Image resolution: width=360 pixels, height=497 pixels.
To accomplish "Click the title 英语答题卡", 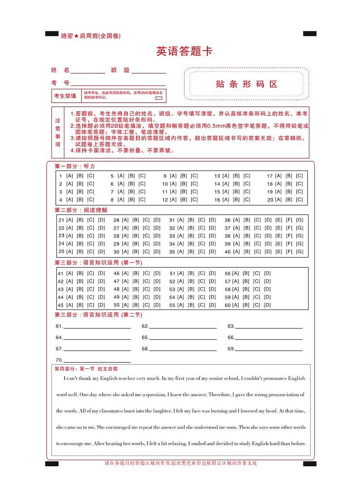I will click(184, 52).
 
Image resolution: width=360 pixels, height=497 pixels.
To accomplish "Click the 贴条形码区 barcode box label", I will click(247, 84).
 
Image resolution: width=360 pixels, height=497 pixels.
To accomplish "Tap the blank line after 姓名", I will click(88, 72).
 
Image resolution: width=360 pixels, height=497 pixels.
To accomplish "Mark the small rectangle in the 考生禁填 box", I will click(159, 98).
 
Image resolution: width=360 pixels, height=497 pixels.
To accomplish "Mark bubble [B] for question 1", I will click(80, 176).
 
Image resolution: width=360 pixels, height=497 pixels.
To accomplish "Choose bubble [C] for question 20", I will click(300, 200).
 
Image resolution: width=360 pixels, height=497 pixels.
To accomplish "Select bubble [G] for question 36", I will click(300, 220).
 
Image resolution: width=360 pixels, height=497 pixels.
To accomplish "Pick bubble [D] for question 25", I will click(102, 252).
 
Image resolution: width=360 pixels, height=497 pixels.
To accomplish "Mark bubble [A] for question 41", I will click(69, 273).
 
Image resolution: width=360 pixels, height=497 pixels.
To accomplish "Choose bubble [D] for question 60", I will click(268, 305).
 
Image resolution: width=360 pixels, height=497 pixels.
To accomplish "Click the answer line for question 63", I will click(268, 327).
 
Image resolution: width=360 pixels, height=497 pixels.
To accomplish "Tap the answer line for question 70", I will click(97, 361).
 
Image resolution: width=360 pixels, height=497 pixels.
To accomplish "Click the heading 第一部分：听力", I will click(75, 166).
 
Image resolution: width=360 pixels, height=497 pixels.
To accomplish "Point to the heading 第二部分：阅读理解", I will click(81, 210).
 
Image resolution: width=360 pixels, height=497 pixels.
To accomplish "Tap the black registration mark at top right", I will click(310, 34).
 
